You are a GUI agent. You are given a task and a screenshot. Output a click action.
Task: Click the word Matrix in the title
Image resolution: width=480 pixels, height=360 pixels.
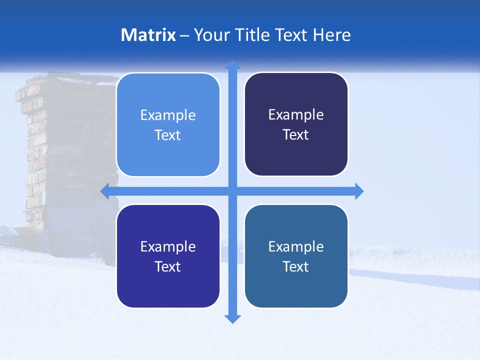(148, 35)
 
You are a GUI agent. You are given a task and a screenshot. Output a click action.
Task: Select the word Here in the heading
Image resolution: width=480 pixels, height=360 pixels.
(331, 35)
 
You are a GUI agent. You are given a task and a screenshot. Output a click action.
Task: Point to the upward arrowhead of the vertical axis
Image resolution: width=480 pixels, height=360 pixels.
(232, 64)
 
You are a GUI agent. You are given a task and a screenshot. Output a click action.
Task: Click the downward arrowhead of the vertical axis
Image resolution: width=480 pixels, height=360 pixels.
(232, 319)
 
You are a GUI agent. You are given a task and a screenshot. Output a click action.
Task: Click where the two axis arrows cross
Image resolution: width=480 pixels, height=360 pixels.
(232, 191)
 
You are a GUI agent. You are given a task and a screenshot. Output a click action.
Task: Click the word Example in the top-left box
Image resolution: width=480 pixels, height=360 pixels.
(168, 115)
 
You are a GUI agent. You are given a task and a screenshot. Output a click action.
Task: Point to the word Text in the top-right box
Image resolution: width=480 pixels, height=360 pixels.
(296, 135)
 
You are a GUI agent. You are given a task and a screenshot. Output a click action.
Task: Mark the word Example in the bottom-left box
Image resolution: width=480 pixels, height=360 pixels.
(168, 247)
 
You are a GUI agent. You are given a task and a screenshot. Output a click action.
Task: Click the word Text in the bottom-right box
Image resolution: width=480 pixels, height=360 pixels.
(296, 267)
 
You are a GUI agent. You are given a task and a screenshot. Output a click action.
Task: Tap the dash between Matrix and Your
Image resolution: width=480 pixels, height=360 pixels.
(184, 35)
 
